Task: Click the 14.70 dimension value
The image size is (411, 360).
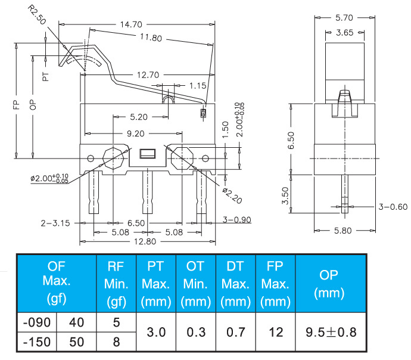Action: pos(131,24)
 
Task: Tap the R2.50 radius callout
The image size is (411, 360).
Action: pos(37,15)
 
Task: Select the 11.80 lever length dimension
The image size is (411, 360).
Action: pos(151,38)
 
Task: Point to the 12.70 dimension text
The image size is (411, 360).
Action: pos(148,75)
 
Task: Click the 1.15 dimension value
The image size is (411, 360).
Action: pos(198,86)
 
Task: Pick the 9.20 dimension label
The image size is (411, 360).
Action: pos(136,134)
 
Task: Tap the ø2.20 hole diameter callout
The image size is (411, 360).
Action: pos(232,195)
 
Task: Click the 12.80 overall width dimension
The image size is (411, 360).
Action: pos(145,241)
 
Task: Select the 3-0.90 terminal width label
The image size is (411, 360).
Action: pos(237,219)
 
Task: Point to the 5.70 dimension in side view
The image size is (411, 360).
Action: pos(344,17)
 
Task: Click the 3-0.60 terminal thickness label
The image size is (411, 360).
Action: pos(393,207)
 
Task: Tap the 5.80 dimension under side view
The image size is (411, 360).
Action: pos(342,231)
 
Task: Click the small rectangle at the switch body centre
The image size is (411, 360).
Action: pos(148,154)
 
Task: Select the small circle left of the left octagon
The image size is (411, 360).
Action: pos(91,159)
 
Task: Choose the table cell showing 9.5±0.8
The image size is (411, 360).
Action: pos(331,332)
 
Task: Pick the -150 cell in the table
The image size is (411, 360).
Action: pos(37,342)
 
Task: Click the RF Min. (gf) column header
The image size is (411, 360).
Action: pos(116,284)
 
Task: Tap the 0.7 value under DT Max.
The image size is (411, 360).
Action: pos(236,332)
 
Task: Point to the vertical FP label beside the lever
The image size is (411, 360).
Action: pos(16,104)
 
